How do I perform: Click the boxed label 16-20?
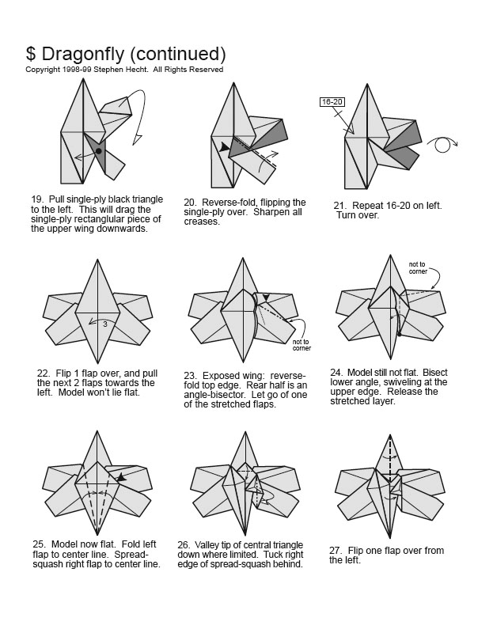coord(331,102)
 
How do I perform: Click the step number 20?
coord(190,203)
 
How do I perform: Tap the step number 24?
coord(337,371)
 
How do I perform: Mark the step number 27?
coord(336,550)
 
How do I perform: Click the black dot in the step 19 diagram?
coord(98,150)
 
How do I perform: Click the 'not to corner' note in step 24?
coord(417,267)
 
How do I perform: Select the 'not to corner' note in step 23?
coord(301,343)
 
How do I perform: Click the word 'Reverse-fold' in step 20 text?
coord(229,203)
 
